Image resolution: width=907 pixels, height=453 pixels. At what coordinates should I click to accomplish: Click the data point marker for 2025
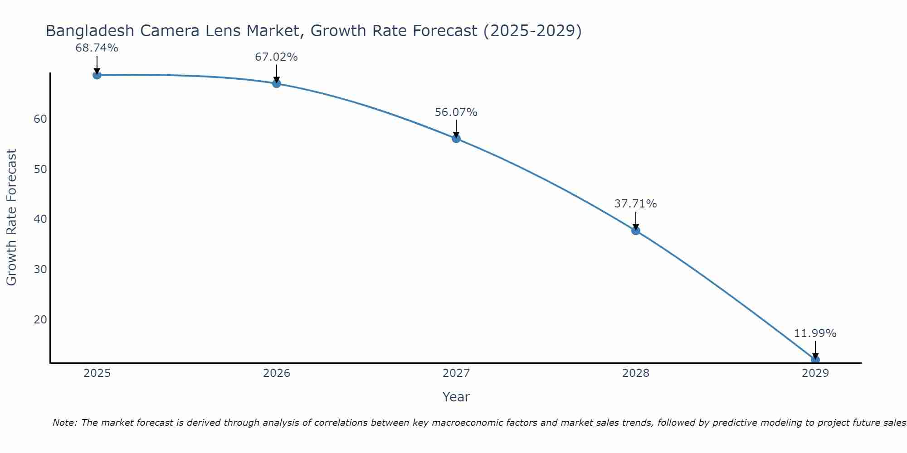97,75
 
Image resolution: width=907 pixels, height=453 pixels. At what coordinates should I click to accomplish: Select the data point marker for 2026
276,83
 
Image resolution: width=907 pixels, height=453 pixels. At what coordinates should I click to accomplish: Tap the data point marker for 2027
456,138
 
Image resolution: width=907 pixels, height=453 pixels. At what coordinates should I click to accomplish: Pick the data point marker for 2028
635,231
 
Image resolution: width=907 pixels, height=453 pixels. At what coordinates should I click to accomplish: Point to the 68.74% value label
97,48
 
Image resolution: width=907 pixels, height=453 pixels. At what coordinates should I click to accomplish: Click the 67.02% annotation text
276,57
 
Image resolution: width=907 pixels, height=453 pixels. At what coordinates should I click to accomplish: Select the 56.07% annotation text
456,112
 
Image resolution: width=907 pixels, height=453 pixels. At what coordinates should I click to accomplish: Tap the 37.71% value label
635,204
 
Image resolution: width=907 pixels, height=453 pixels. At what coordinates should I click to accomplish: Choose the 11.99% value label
815,333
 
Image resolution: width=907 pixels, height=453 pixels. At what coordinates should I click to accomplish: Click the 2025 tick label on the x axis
97,373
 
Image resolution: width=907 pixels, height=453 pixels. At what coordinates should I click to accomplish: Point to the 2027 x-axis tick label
456,373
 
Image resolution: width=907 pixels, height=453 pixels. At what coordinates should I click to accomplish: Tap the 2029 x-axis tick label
815,373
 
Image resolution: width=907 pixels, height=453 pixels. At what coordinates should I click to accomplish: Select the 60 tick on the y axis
40,119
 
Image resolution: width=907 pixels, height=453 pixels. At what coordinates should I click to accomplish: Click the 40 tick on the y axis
40,219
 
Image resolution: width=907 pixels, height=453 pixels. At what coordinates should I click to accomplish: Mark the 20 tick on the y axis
40,320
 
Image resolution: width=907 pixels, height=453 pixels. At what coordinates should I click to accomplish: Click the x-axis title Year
456,397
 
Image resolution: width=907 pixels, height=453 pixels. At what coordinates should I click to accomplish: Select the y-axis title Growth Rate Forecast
12,217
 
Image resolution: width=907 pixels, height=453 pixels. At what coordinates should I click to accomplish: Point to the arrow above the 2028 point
635,221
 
